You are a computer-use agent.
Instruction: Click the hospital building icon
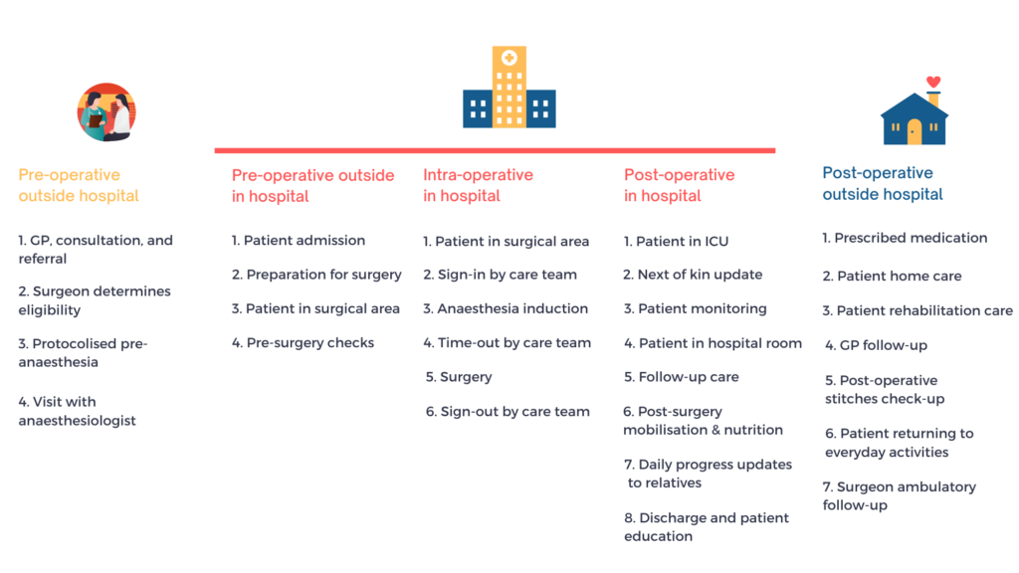click(x=509, y=88)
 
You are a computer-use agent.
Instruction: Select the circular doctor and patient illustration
click(x=106, y=112)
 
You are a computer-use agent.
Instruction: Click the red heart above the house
click(x=933, y=82)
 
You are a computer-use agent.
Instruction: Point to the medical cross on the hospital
click(x=509, y=58)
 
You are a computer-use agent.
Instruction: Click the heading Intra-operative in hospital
click(x=478, y=185)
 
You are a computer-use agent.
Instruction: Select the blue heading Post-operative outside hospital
click(x=883, y=183)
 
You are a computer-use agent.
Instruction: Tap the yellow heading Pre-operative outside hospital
click(x=79, y=185)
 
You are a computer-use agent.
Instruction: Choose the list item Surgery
click(x=459, y=377)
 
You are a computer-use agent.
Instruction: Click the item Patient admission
click(x=299, y=241)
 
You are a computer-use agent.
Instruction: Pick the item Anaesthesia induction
click(x=506, y=308)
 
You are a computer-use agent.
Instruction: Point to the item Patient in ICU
click(x=676, y=241)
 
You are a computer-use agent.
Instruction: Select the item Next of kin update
click(x=693, y=275)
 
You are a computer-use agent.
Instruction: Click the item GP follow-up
click(x=876, y=345)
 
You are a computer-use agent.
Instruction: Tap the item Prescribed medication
click(x=905, y=238)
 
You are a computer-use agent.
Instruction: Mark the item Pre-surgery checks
click(x=303, y=342)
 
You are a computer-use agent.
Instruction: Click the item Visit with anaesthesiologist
click(x=78, y=411)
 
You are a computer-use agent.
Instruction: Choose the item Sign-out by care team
click(x=508, y=411)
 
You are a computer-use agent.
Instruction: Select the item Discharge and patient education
click(x=707, y=527)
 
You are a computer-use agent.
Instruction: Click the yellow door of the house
click(x=914, y=132)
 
